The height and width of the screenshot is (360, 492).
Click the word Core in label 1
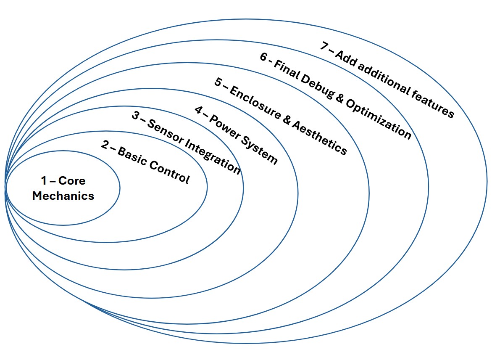71,181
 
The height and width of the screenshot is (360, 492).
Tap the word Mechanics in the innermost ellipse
63,196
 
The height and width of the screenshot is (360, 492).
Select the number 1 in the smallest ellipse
44,181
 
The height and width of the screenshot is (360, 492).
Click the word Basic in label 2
132,157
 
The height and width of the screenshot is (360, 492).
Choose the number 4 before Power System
198,110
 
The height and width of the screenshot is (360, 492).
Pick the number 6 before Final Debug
264,57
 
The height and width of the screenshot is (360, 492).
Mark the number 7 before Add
324,45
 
